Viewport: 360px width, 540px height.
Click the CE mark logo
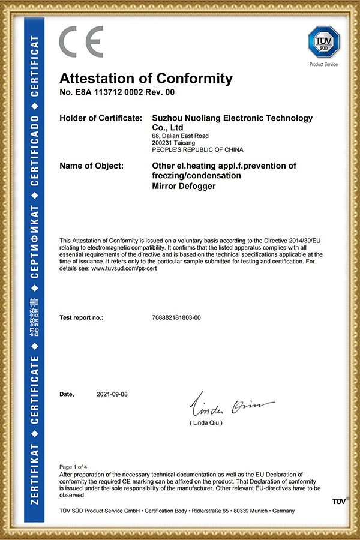point(80,42)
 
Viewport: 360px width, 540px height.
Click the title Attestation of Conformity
point(146,79)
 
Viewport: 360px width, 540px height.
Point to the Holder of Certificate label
point(101,118)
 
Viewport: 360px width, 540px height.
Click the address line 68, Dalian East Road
point(181,136)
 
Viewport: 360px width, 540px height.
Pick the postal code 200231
point(163,143)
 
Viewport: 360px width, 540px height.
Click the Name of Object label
point(92,166)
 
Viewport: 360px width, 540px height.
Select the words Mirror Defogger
point(184,186)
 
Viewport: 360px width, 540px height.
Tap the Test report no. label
point(82,317)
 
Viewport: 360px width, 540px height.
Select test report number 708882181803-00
point(177,317)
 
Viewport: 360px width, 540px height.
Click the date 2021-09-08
point(112,394)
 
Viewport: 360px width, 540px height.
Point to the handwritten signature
point(231,407)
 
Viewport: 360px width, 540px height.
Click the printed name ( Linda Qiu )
point(206,423)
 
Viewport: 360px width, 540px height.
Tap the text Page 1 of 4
point(74,466)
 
